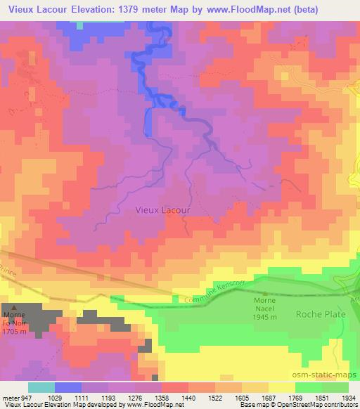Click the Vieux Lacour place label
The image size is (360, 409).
click(x=161, y=209)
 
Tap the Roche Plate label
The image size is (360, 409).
click(x=321, y=314)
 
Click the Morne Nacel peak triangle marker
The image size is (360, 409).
click(x=264, y=294)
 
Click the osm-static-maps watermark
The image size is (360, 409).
click(x=330, y=375)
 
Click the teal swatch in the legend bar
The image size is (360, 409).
click(x=41, y=387)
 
